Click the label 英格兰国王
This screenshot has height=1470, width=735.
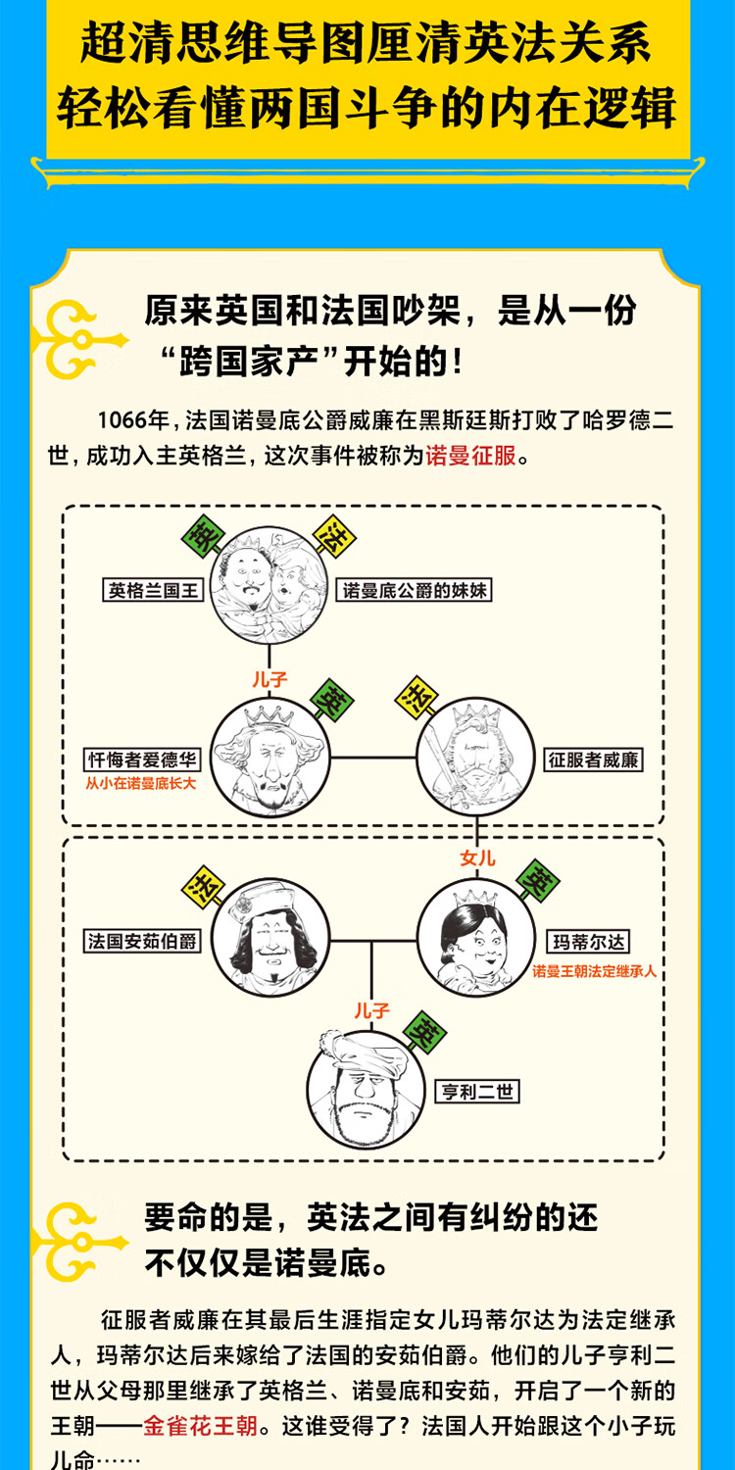coord(153,590)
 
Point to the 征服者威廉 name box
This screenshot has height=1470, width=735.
coord(595,759)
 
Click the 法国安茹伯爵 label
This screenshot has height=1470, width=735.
coord(143,942)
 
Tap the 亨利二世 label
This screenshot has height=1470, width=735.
coord(478,1091)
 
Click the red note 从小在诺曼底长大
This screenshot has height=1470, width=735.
coord(141,783)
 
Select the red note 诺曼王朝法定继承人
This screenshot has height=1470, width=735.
coord(595,971)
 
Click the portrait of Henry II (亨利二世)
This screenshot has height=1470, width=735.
coord(371,1088)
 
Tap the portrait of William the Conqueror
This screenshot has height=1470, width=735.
coord(475,758)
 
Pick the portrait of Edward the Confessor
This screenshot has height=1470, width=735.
coord(271,758)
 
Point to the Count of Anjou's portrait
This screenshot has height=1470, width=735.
coord(271,939)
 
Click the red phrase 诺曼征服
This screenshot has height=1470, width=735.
coord(470,456)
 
